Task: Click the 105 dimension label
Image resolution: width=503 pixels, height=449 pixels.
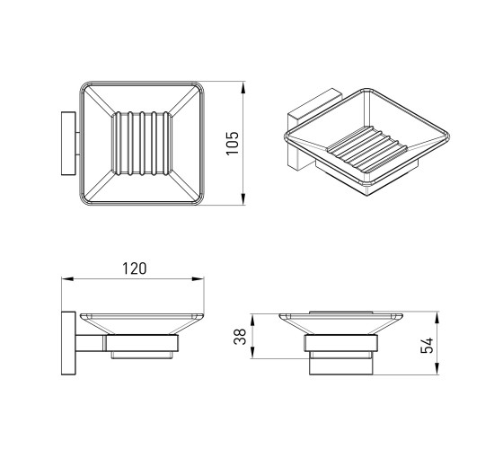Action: (x=233, y=143)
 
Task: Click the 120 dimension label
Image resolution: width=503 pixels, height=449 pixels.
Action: (x=135, y=269)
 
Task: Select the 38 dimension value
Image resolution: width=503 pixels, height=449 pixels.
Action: (x=240, y=337)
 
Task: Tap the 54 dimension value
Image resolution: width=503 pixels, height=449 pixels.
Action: (x=427, y=346)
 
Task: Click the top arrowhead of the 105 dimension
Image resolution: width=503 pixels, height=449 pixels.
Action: (x=243, y=87)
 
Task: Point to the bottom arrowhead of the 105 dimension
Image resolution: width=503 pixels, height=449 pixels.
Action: (x=243, y=199)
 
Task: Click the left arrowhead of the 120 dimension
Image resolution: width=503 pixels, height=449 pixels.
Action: (x=67, y=279)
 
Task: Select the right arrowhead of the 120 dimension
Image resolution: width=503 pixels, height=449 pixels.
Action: (x=198, y=279)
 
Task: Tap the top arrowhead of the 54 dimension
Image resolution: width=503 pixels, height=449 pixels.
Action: (x=437, y=317)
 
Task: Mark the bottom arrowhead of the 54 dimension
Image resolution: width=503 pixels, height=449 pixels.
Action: (x=437, y=369)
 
